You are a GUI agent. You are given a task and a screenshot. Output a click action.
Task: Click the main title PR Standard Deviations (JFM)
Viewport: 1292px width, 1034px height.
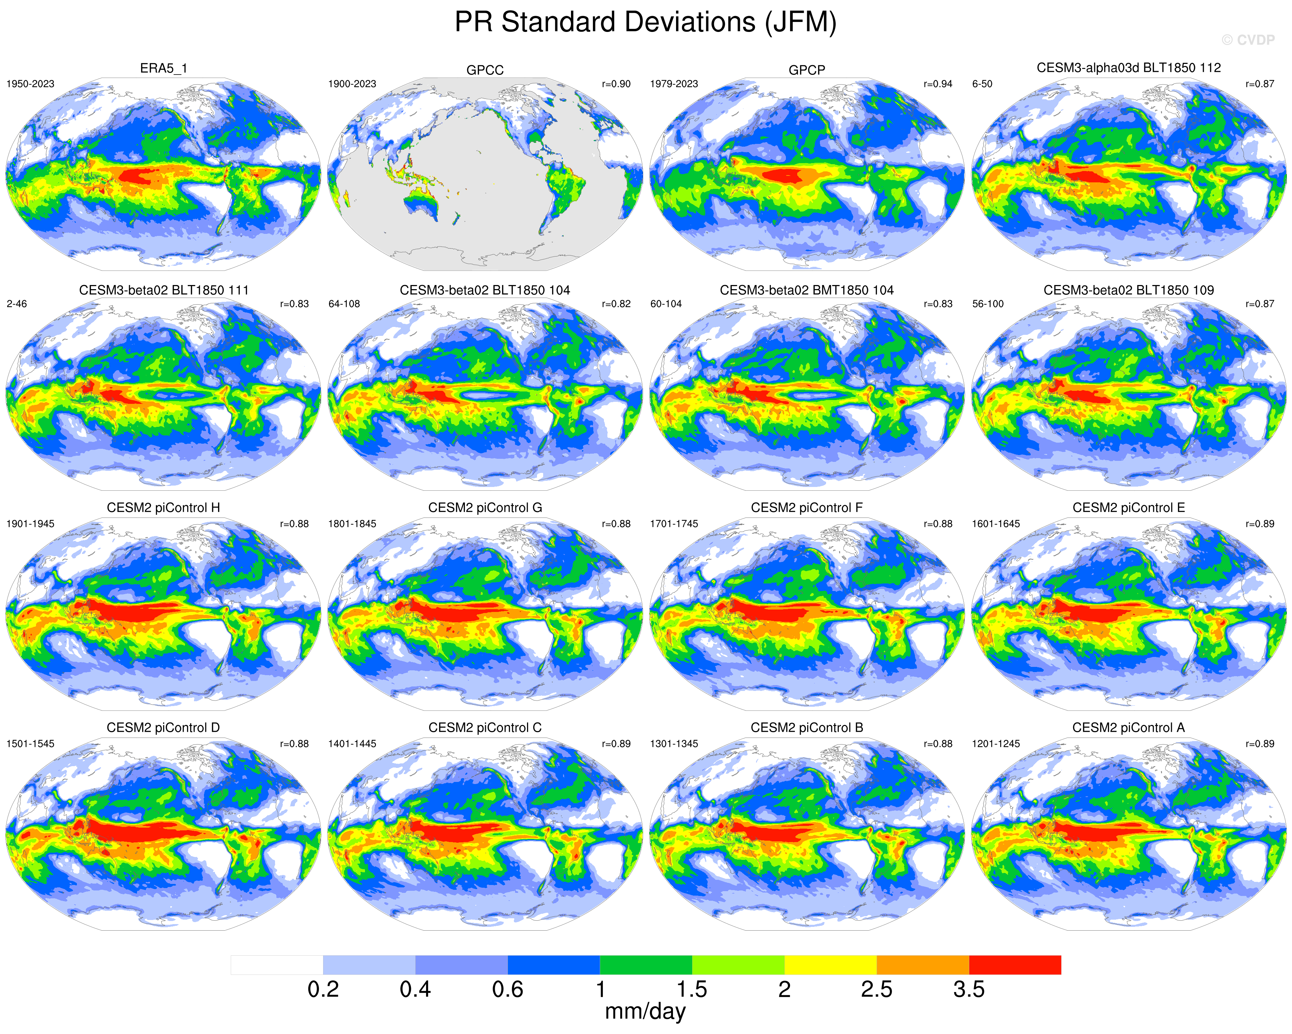tap(645, 23)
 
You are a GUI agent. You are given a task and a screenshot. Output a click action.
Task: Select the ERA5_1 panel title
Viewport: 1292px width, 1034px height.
tap(163, 68)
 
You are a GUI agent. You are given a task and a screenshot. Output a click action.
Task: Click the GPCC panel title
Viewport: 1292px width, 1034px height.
tap(485, 70)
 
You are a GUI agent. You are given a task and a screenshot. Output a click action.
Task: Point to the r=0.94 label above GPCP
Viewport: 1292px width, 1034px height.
tap(938, 84)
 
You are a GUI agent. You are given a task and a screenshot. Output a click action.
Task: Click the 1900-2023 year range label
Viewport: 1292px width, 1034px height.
tap(352, 84)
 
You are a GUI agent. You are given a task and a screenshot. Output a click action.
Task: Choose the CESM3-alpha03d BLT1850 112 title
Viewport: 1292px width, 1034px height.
tap(1129, 68)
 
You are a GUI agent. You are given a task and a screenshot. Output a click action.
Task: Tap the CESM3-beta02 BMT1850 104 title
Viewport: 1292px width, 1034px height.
tap(807, 290)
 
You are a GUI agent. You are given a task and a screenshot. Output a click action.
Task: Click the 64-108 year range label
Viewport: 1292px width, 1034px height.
tap(344, 304)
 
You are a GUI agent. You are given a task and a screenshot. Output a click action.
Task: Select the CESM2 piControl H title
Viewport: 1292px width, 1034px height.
tap(163, 508)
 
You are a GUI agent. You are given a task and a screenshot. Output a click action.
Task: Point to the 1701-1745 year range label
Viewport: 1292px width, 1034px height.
tap(674, 524)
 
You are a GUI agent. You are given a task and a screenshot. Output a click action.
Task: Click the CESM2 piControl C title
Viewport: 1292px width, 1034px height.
tap(485, 728)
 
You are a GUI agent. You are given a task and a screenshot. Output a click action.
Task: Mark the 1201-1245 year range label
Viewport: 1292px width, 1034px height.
tap(996, 744)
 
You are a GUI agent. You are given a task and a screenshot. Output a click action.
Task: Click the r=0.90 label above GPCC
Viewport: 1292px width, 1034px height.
tap(616, 84)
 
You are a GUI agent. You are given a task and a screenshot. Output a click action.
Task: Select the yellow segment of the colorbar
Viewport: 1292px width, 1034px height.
tap(831, 965)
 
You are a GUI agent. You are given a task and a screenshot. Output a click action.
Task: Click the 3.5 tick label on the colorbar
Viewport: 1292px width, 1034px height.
tap(969, 990)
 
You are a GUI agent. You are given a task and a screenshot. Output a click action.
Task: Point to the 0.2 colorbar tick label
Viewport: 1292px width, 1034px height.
tap(323, 990)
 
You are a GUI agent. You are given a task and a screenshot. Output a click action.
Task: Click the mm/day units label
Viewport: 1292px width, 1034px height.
tap(645, 1012)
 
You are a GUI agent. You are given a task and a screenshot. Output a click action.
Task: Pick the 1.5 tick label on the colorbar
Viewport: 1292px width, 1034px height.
tap(692, 990)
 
